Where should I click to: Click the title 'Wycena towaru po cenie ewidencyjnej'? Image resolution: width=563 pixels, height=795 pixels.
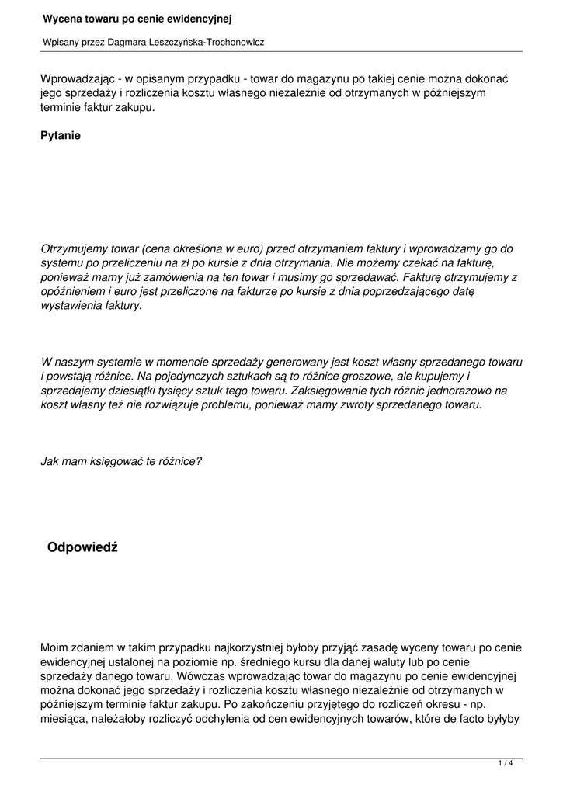[x=137, y=18]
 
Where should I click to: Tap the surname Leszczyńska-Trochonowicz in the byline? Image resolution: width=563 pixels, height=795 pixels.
[x=204, y=42]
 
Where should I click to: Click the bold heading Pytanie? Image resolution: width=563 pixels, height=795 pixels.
[x=61, y=135]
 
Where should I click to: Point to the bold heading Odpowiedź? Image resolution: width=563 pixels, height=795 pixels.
[x=82, y=548]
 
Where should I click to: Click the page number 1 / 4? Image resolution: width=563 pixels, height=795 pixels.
[x=505, y=764]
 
